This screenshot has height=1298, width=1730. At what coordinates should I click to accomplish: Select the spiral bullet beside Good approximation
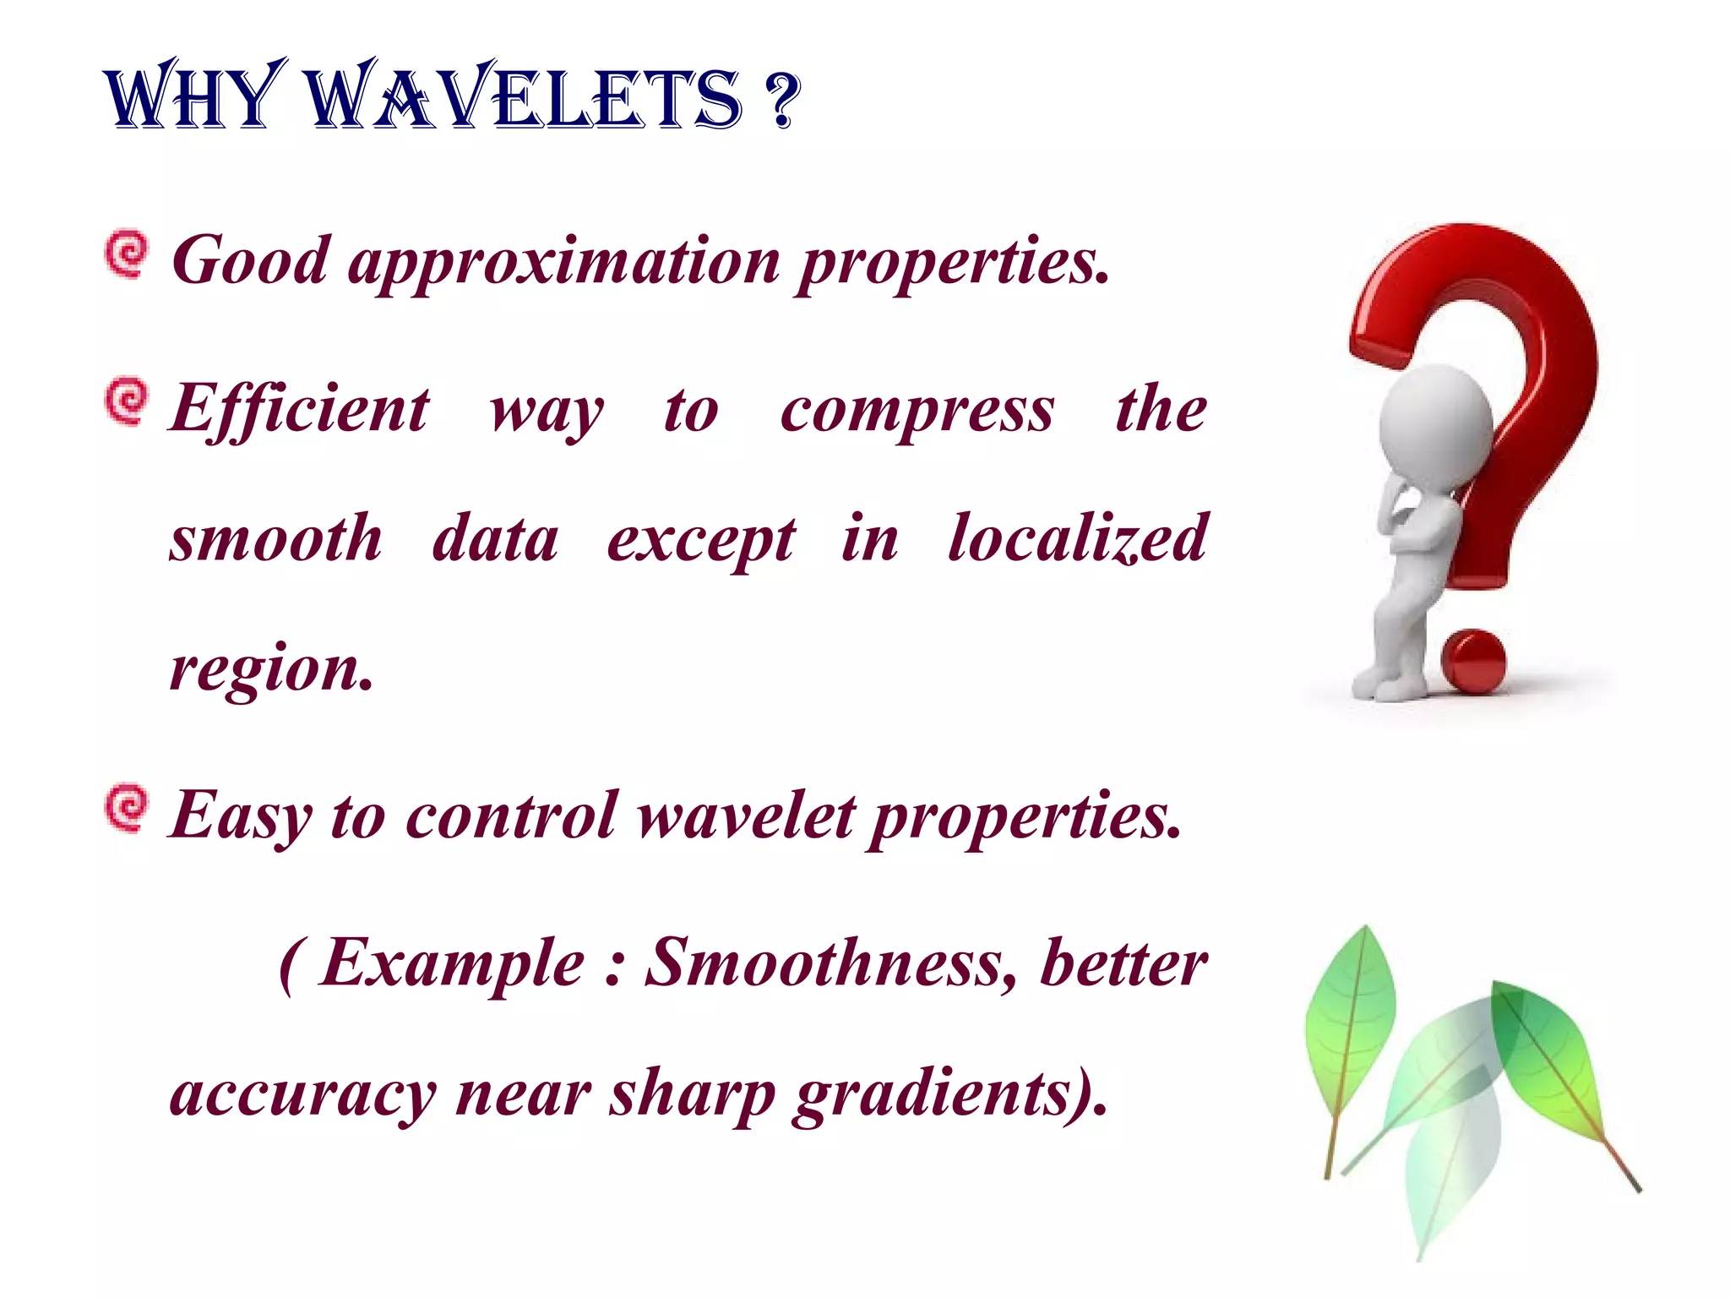[x=127, y=253]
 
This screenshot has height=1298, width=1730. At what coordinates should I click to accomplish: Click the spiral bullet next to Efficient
[x=127, y=401]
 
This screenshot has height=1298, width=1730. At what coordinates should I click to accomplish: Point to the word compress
[x=917, y=412]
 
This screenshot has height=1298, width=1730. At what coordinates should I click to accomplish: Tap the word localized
[x=1078, y=539]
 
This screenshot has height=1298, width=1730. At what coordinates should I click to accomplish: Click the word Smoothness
[x=831, y=963]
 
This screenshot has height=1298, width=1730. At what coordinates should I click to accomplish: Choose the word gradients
[x=949, y=1094]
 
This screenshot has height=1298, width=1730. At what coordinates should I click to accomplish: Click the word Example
[x=453, y=963]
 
